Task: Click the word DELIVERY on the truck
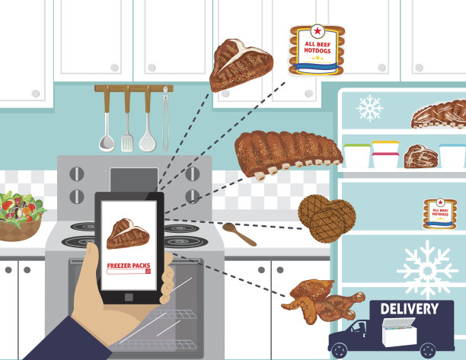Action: tap(409, 309)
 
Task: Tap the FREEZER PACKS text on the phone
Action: tap(129, 266)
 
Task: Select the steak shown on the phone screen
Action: tap(128, 234)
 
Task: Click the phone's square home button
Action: tap(129, 297)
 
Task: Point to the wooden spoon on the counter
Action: tap(239, 234)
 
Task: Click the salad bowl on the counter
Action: tap(21, 216)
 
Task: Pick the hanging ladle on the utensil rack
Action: tap(107, 119)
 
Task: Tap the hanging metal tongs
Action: tap(165, 119)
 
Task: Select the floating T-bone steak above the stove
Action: tap(241, 65)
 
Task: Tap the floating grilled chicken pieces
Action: tap(322, 301)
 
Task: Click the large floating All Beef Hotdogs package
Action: tap(317, 50)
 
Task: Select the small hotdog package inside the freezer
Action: tap(440, 214)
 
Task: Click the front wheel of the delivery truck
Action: tap(339, 351)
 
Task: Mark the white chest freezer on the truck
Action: tap(399, 332)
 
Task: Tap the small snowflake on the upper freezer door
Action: tap(370, 108)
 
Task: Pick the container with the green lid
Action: tap(357, 155)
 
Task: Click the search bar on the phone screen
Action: tap(129, 272)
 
